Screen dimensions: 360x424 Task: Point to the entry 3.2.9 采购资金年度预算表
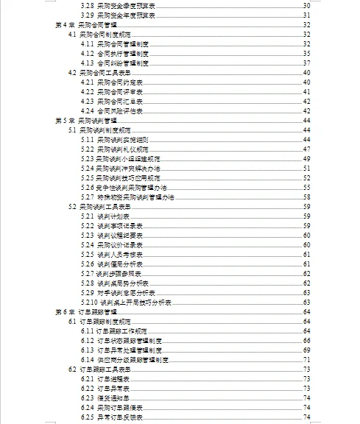114,15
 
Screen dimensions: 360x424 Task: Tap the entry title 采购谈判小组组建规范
130,158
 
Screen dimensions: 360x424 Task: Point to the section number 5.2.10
88,303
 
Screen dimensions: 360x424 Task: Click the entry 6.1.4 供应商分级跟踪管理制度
125,360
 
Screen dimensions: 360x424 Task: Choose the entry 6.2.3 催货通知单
106,398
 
